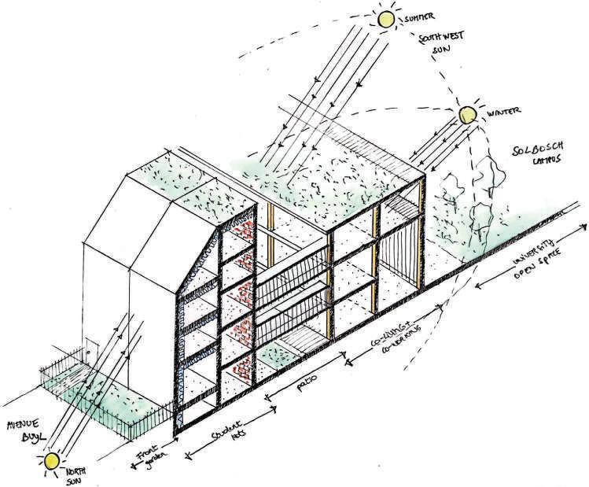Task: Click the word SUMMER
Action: click(421, 17)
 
